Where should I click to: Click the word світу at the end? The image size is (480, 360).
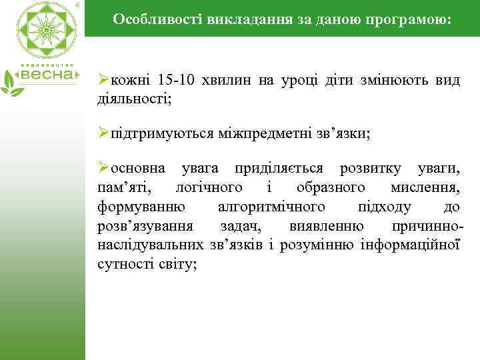[179, 264]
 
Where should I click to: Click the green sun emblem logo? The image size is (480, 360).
[46, 30]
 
